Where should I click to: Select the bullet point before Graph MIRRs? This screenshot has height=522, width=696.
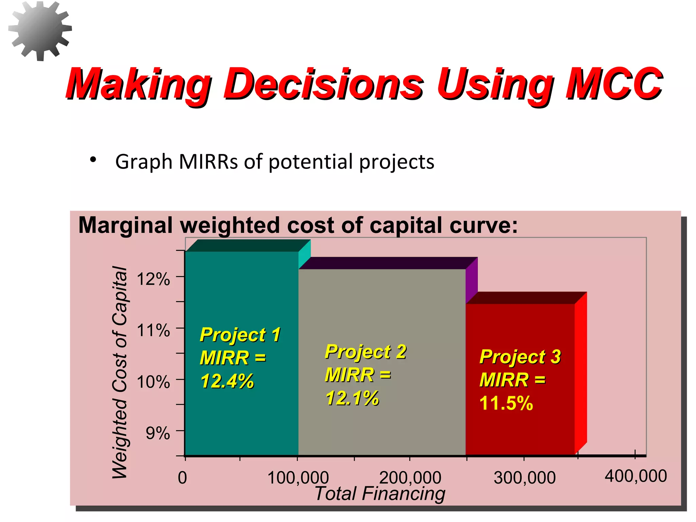point(93,160)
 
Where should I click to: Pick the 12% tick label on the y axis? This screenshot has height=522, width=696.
point(153,279)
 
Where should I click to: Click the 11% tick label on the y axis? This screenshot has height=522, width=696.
point(153,330)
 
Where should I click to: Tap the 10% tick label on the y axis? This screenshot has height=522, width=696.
point(153,382)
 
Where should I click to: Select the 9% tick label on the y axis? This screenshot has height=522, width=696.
point(158,433)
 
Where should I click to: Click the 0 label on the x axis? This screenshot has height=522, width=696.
point(182,477)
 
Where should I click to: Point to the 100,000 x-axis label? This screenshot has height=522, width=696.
point(298,477)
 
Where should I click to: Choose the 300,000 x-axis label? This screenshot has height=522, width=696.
point(524,477)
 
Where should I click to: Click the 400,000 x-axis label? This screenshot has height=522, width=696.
point(636,476)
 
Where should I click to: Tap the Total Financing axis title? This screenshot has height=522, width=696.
point(380,493)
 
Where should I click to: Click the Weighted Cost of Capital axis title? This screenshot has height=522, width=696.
point(120,372)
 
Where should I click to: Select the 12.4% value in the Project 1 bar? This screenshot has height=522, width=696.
point(227,381)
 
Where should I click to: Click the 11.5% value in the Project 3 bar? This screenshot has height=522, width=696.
point(506,403)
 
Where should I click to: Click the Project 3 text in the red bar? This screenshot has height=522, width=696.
point(520,357)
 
